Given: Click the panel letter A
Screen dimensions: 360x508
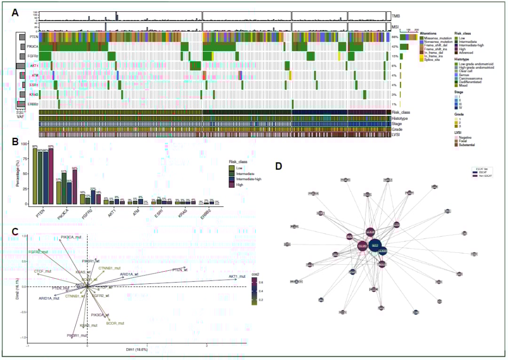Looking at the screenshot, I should (x=15, y=13).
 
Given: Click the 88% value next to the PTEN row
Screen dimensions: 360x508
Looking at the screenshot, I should (x=395, y=37).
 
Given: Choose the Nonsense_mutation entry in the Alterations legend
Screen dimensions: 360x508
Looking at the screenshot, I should (x=435, y=41).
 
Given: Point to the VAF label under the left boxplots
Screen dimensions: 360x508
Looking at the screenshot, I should (x=20, y=117).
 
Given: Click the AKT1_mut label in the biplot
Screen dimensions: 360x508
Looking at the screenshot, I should (x=237, y=276).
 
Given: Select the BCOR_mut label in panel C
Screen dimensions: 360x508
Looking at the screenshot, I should (x=115, y=323).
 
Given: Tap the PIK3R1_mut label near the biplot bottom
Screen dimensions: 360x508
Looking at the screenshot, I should (x=77, y=336).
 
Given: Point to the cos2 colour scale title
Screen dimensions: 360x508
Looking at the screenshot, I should (x=255, y=273).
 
